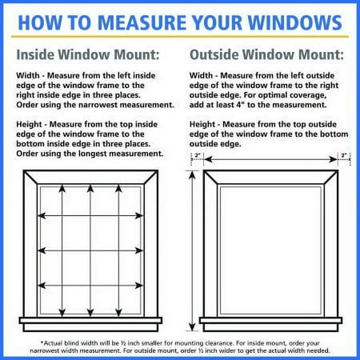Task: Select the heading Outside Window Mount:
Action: tap(265, 56)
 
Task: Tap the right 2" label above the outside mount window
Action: tap(344, 155)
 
